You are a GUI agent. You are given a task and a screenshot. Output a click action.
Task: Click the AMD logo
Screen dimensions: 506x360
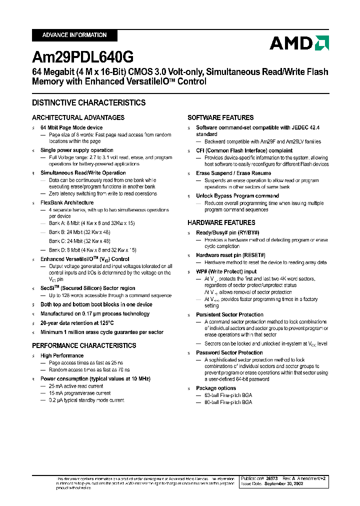pos(299,43)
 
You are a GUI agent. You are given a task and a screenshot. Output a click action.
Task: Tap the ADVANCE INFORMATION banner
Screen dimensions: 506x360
pos(74,35)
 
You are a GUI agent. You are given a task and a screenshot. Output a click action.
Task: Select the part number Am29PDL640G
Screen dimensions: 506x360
pos(82,57)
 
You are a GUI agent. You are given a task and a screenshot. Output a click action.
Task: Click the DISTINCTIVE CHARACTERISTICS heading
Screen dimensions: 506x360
pos(88,102)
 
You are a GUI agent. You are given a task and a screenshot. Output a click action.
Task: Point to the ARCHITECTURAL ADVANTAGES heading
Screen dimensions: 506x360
pos(78,117)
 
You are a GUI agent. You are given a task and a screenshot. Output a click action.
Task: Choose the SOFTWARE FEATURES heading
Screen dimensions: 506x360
pos(220,117)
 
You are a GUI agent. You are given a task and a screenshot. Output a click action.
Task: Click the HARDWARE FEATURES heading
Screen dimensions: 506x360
pos(221,222)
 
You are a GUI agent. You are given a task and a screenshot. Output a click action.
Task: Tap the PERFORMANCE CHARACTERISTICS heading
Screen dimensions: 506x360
pos(84,345)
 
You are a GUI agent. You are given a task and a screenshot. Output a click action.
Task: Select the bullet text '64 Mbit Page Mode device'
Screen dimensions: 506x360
pos(71,128)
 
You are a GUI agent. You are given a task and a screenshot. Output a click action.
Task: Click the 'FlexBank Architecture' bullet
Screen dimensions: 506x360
pos(67,202)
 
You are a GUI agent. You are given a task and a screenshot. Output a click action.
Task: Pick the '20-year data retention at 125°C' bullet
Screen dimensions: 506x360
pos(77,323)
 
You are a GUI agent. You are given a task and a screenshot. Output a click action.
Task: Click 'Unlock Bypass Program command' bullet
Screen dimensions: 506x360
pos(237,195)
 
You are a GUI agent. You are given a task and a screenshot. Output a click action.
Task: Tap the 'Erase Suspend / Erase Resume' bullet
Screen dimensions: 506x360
pos(233,173)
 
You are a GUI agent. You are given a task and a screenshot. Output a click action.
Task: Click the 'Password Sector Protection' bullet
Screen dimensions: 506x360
pos(229,352)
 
